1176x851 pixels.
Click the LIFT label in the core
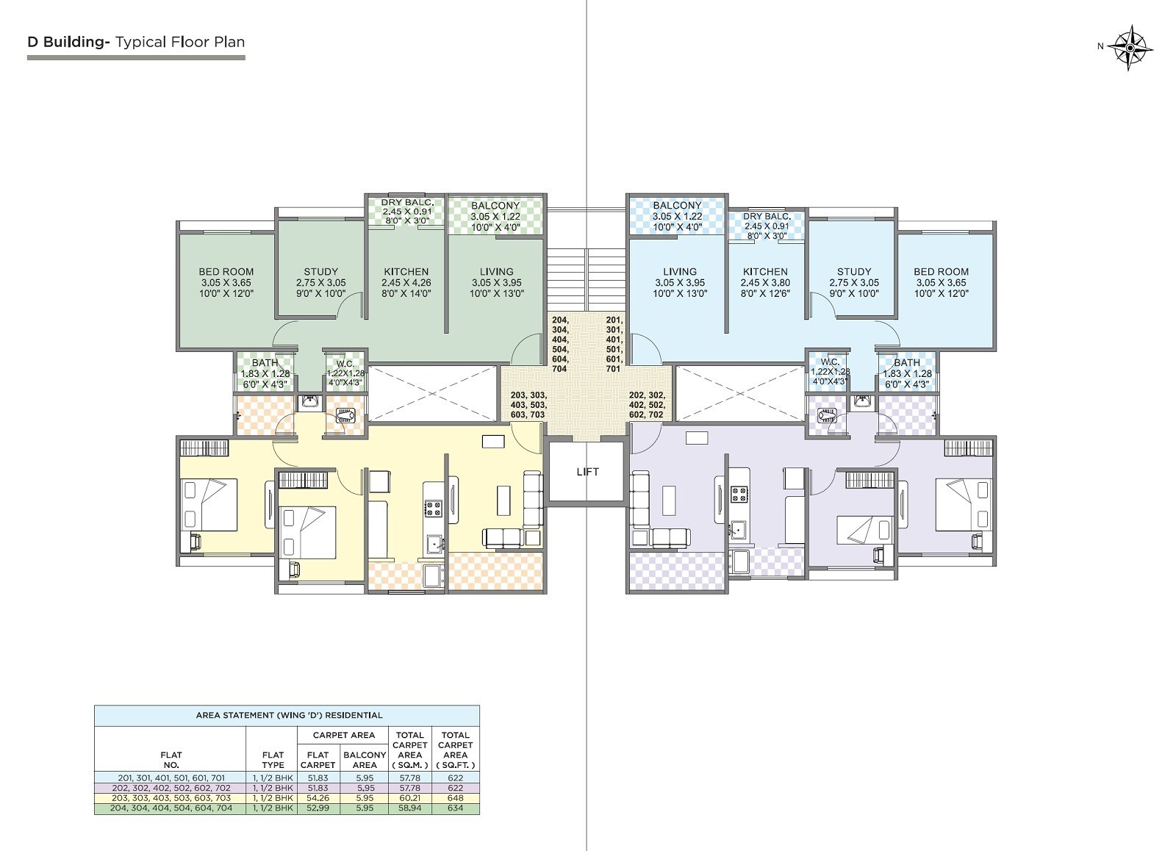pos(587,472)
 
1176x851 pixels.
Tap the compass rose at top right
pos(1130,47)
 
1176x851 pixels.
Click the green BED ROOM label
pos(226,271)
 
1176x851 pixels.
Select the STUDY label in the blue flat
pos(853,271)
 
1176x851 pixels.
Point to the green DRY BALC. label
pos(407,202)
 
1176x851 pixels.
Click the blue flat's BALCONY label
pos(677,206)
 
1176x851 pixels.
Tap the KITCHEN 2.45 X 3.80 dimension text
pos(764,282)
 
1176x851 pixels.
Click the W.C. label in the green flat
pos(345,363)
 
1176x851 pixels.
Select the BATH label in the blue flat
pos(906,362)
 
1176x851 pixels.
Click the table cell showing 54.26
pos(318,797)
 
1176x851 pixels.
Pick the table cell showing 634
pos(455,808)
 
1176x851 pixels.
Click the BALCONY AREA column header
pos(365,759)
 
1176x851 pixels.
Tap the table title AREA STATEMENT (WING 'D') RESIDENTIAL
pos(289,714)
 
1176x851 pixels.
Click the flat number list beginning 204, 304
pos(559,344)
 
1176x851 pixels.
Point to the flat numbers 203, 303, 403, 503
pos(528,405)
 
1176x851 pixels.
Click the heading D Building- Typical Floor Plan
pos(136,42)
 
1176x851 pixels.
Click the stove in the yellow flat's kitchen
pos(433,507)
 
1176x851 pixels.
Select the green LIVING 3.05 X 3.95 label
pos(496,282)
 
